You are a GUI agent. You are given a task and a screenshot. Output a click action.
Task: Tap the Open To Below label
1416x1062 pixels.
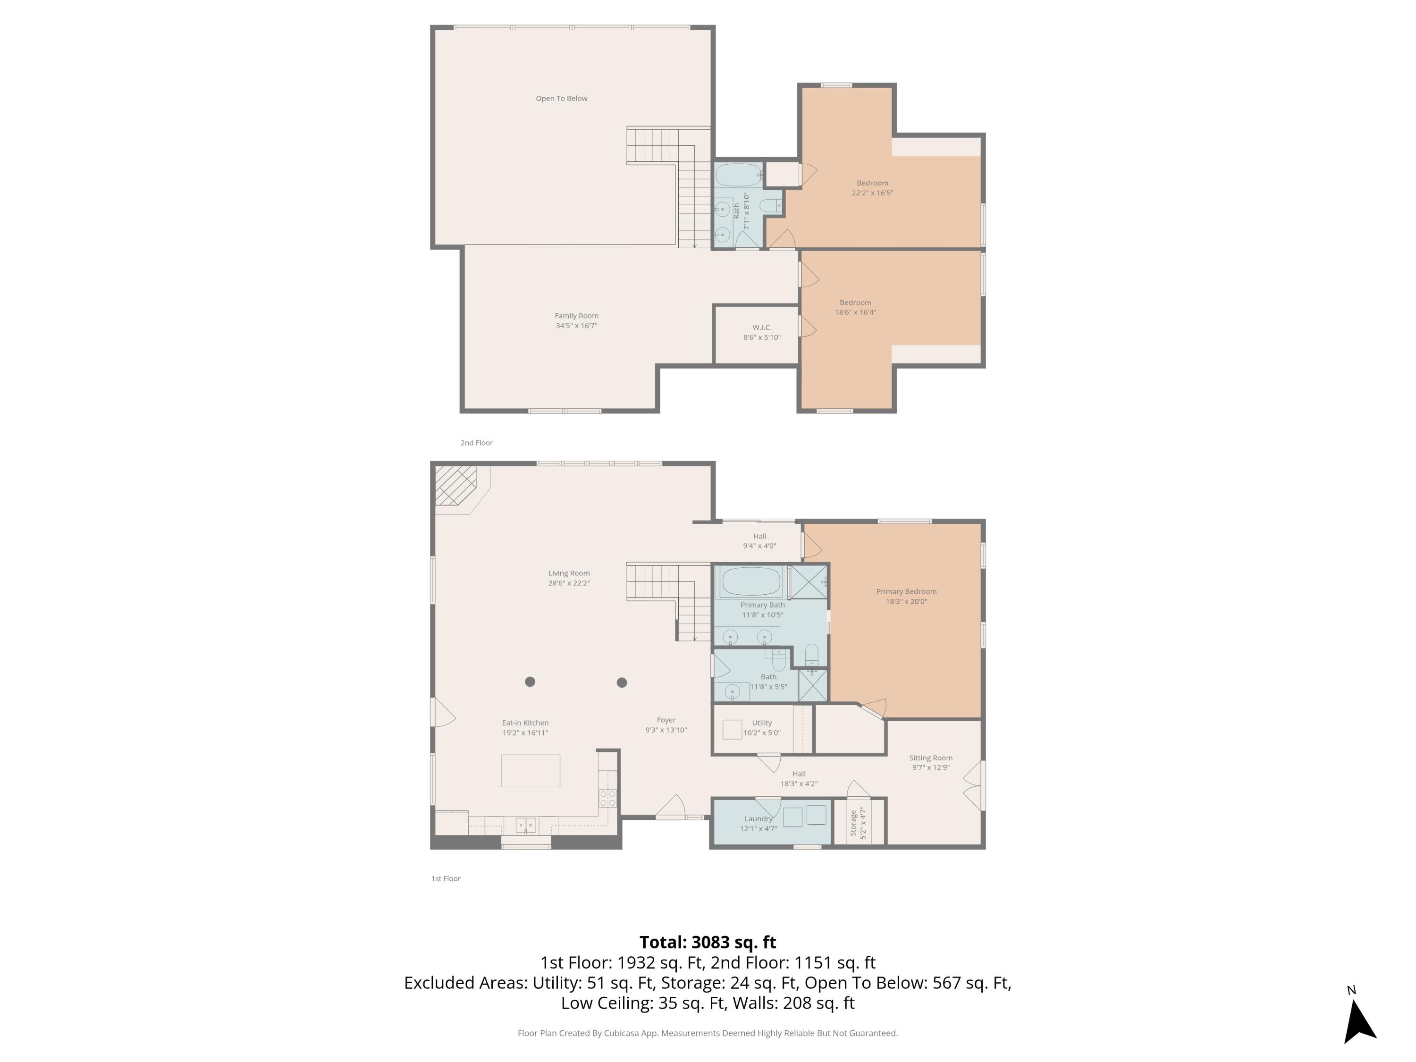pyautogui.click(x=561, y=99)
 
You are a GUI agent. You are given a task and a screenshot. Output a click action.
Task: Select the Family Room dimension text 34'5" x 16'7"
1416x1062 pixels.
pyautogui.click(x=576, y=326)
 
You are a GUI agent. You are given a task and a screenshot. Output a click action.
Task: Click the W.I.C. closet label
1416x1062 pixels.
pyautogui.click(x=761, y=328)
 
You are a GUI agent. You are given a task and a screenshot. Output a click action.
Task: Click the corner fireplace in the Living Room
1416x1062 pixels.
pyautogui.click(x=456, y=485)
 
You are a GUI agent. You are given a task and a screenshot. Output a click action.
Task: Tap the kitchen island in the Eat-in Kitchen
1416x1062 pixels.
pyautogui.click(x=530, y=771)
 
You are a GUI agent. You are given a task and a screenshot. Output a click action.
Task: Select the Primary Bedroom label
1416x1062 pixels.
pyautogui.click(x=906, y=591)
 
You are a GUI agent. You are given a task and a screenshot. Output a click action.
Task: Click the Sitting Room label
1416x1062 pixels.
pyautogui.click(x=930, y=758)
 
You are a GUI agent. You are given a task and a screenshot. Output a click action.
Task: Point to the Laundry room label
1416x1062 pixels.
pyautogui.click(x=758, y=819)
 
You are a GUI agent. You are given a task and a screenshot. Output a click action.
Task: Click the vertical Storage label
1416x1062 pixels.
pyautogui.click(x=853, y=823)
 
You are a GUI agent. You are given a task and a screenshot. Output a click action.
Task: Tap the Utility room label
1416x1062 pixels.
pyautogui.click(x=762, y=723)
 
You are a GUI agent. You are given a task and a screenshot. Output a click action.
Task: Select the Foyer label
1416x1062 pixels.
pyautogui.click(x=666, y=720)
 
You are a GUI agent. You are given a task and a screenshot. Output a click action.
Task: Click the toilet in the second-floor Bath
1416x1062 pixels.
pyautogui.click(x=770, y=205)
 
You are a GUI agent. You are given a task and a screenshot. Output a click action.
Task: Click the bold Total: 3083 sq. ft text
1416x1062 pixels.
pyautogui.click(x=708, y=942)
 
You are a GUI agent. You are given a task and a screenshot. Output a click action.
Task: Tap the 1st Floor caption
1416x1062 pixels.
pyautogui.click(x=446, y=879)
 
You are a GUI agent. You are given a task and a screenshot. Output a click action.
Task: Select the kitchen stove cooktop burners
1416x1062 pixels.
pyautogui.click(x=607, y=798)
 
